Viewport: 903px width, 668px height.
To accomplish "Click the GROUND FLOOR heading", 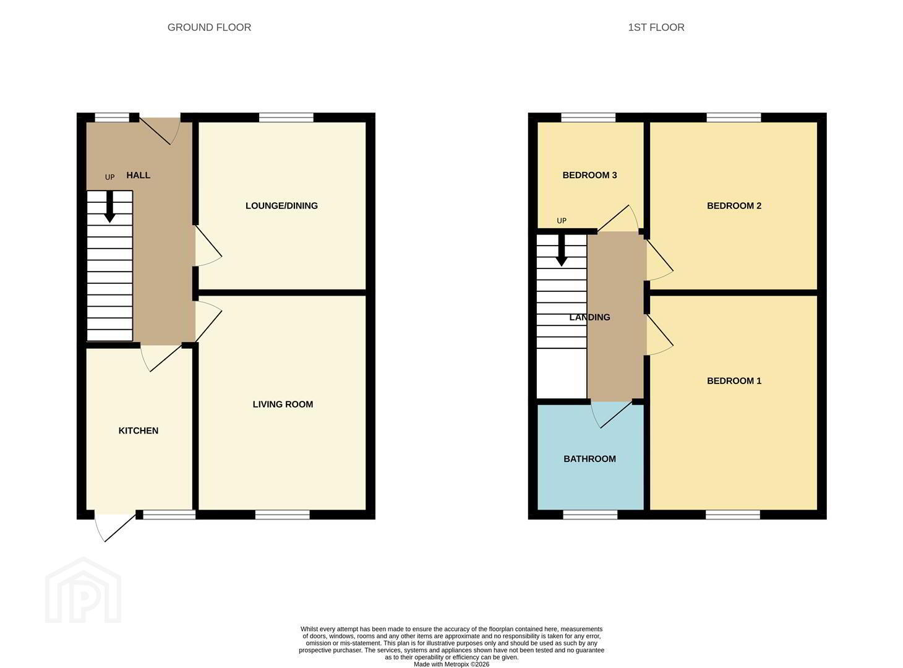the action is pos(209,27).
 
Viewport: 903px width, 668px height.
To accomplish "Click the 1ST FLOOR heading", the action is pos(656,27).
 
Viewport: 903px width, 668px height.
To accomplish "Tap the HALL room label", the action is pos(139,175).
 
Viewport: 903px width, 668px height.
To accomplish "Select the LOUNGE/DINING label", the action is pos(281,206).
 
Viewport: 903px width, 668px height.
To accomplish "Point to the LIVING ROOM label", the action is pos(283,405).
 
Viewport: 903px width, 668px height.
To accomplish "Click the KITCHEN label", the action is pos(139,430).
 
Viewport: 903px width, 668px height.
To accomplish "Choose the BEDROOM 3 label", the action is pos(589,175).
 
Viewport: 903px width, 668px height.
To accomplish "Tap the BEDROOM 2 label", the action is pos(734,206).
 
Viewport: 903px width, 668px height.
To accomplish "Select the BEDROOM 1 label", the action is pos(734,381).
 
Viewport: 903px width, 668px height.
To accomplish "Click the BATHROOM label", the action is pos(589,459).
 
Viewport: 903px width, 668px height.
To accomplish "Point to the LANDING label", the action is pos(589,317).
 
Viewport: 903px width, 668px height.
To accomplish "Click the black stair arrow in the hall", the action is pos(109,207).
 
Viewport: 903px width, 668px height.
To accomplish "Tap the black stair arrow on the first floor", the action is pos(562,250).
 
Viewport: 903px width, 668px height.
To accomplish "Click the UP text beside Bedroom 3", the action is pos(562,221).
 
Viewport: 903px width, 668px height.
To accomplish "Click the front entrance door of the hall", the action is pos(159,131).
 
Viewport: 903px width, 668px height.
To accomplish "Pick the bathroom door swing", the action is pos(612,415).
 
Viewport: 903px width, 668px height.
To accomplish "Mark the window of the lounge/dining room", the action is pos(286,118).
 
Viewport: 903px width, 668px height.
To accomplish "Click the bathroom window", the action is pos(590,515).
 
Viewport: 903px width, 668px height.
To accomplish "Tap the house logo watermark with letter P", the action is pos(83,591).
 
